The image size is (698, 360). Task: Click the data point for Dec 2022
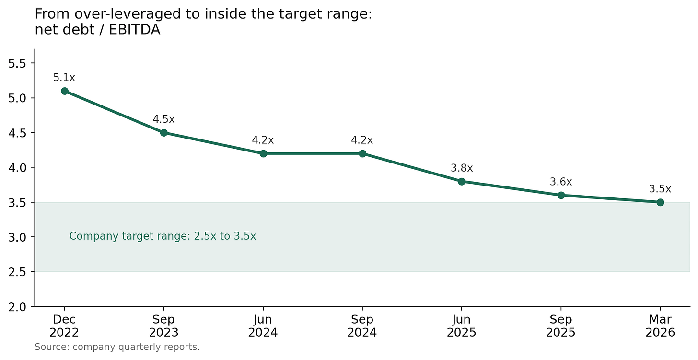[65, 91]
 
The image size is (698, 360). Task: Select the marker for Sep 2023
[163, 133]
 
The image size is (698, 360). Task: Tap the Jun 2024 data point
[263, 153]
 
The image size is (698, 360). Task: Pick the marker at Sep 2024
[362, 153]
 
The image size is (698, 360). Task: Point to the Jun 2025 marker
[462, 181]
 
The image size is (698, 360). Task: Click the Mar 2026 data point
[660, 202]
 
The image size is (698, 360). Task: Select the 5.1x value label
[64, 77]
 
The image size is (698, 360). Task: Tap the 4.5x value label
[163, 119]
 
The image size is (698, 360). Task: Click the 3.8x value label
[462, 168]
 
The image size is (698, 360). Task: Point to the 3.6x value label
[561, 182]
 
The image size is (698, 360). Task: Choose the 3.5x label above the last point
[660, 189]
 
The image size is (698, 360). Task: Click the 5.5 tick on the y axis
[17, 64]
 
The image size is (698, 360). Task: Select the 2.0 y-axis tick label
[17, 307]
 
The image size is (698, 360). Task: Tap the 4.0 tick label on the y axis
[17, 168]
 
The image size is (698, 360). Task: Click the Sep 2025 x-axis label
[560, 326]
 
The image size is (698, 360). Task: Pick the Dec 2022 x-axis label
[64, 326]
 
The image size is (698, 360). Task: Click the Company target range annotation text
[163, 236]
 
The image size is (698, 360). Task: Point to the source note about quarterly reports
[117, 347]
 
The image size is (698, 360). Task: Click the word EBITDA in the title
[134, 30]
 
